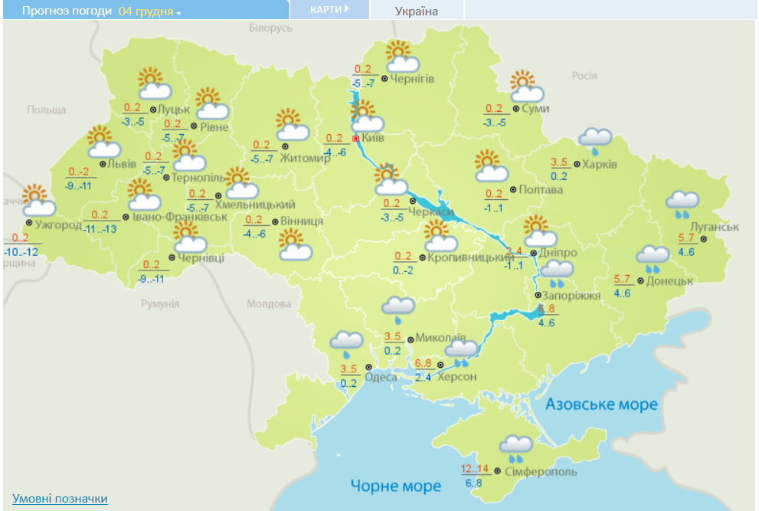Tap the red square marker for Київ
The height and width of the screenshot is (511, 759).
(355, 139)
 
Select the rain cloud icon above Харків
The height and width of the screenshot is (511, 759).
(595, 139)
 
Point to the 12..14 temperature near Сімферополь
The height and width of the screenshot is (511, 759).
(474, 469)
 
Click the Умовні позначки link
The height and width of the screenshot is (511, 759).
(60, 499)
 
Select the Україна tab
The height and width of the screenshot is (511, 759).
(417, 11)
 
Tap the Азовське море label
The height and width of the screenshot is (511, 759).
(601, 405)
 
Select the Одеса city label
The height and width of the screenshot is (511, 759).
(381, 377)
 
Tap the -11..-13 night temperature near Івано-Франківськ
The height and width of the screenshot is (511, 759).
(100, 229)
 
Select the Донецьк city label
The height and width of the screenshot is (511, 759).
(669, 281)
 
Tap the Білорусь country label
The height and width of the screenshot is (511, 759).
(270, 28)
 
